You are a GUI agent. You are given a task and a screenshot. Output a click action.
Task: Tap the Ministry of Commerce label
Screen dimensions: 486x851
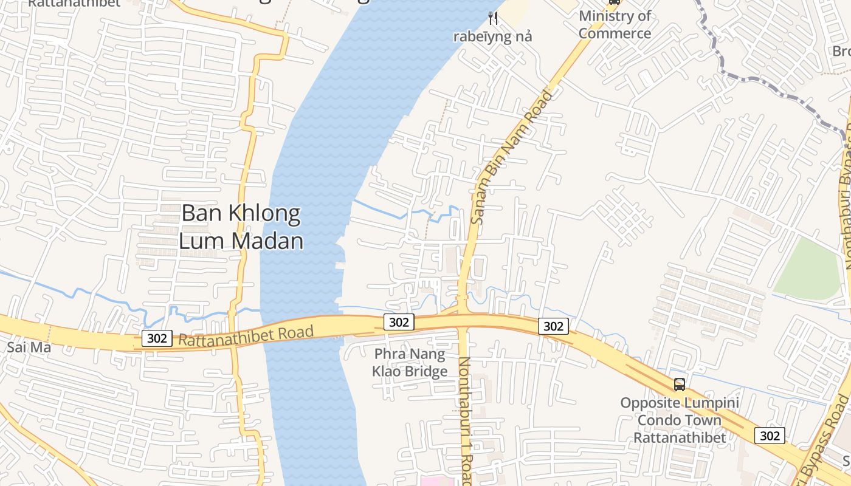[615, 24]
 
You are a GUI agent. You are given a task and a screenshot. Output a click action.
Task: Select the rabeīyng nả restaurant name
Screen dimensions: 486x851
[492, 36]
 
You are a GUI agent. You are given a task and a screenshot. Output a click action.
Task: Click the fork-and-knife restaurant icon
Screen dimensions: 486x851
[493, 19]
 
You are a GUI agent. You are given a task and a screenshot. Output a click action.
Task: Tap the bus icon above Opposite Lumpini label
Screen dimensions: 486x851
[679, 385]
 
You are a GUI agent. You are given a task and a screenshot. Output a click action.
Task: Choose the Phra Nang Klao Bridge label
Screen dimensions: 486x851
[410, 362]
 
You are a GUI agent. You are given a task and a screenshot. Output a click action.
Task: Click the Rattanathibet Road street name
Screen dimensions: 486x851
[246, 336]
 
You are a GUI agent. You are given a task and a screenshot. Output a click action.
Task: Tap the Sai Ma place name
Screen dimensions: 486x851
[21, 348]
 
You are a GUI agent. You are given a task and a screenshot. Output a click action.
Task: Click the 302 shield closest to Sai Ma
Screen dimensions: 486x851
[157, 338]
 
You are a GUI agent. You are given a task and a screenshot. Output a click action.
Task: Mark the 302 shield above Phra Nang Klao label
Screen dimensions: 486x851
[399, 322]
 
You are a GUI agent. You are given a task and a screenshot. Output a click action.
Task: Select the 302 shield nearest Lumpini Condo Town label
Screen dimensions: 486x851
[770, 436]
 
